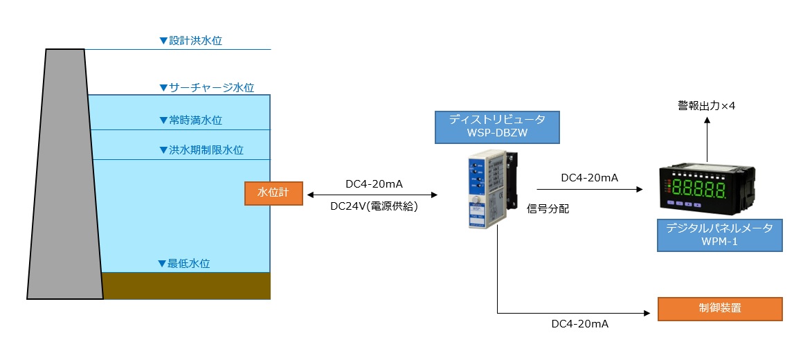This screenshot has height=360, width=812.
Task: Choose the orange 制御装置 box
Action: pyautogui.click(x=720, y=308)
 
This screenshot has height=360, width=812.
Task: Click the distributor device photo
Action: pyautogui.click(x=491, y=190)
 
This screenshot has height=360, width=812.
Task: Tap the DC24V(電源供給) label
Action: pyautogui.click(x=374, y=206)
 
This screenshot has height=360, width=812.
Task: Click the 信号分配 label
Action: pyautogui.click(x=548, y=208)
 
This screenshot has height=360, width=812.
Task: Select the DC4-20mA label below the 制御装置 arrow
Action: pyautogui.click(x=579, y=324)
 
